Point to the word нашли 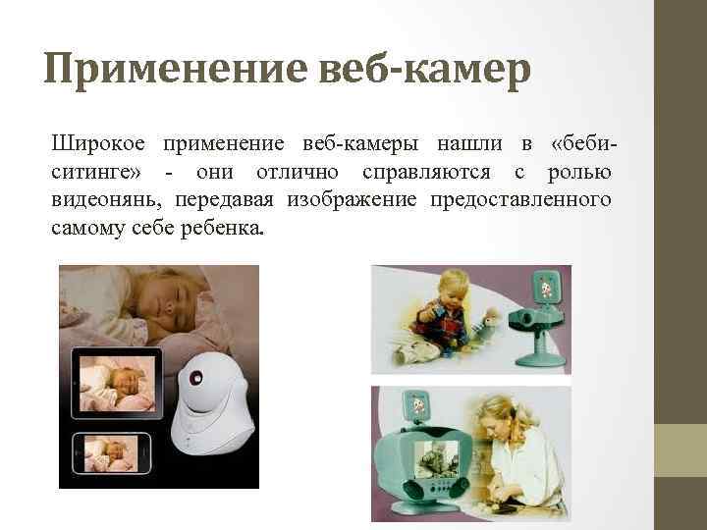(x=472, y=144)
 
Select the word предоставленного (x=523, y=200)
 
